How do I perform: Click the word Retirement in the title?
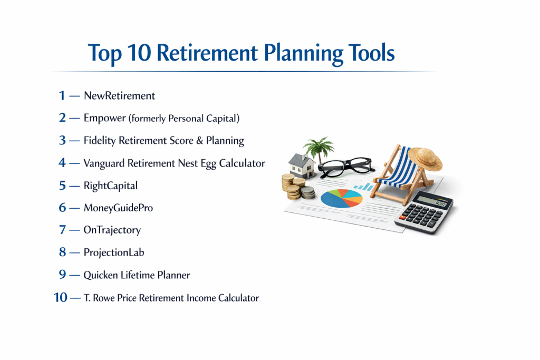click(207, 53)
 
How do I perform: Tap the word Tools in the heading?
click(371, 53)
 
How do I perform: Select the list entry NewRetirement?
click(119, 95)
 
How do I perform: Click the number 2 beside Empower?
click(62, 118)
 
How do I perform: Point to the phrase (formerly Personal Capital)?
click(184, 119)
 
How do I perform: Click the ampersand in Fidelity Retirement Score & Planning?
click(199, 140)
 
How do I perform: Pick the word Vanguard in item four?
click(104, 163)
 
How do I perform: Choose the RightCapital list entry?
click(111, 186)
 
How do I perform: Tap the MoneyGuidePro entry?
click(118, 208)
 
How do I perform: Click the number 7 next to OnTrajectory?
click(62, 230)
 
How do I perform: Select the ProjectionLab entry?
click(114, 252)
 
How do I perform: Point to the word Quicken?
click(101, 275)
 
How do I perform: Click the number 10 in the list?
click(60, 297)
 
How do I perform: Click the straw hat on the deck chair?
click(426, 159)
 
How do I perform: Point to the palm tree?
click(319, 149)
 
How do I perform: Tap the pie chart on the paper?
click(341, 198)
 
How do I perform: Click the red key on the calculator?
click(402, 218)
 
